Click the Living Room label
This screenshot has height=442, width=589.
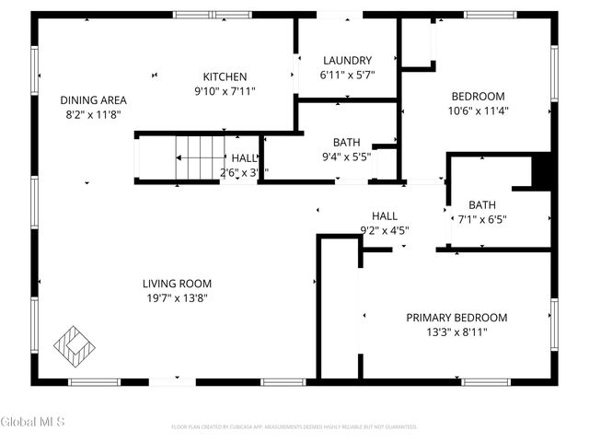tap(177, 284)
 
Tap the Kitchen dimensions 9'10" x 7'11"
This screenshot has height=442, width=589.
tap(225, 91)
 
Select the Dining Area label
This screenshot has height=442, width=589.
tap(93, 100)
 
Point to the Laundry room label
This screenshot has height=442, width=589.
tap(346, 60)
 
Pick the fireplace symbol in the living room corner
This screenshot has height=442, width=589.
tap(74, 345)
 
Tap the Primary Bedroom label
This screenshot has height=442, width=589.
tap(456, 318)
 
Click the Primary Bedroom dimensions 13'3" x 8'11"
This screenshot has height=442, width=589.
tap(456, 332)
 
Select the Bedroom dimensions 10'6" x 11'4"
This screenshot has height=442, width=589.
tap(478, 110)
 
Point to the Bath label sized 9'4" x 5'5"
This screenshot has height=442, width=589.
tap(346, 143)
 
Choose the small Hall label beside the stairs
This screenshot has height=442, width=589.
tap(244, 158)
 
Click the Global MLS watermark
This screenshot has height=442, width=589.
tap(33, 422)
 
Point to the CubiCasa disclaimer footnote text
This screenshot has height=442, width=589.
tap(294, 427)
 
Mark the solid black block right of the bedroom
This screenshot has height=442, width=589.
tap(543, 170)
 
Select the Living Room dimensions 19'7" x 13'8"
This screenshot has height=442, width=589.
tap(177, 298)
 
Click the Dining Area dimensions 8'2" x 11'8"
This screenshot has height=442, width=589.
tap(93, 115)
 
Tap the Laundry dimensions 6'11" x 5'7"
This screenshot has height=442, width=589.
tap(346, 75)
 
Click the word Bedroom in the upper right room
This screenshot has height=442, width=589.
tap(478, 97)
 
